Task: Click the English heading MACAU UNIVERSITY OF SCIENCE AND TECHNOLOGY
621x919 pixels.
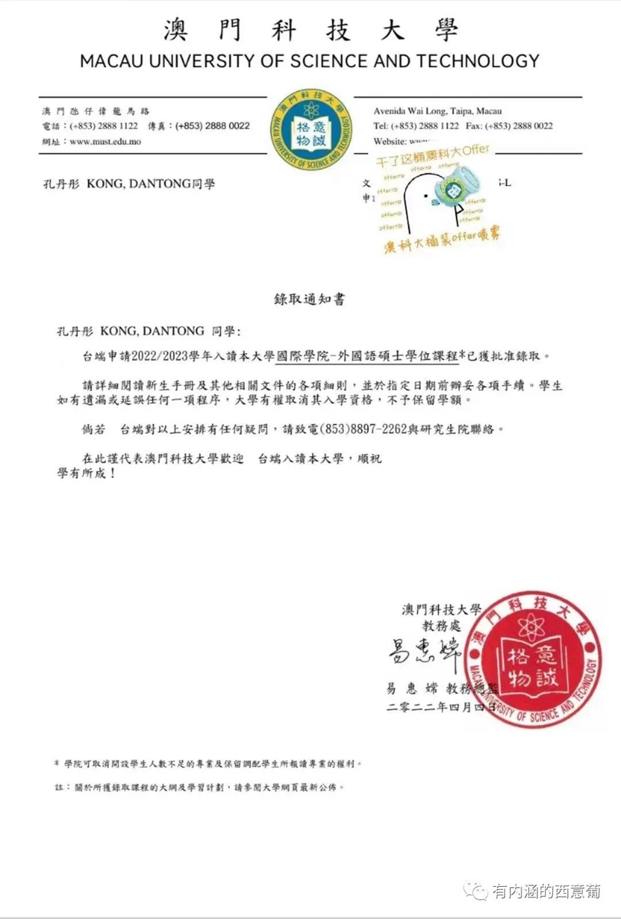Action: pos(310,61)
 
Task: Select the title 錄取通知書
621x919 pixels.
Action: pos(309,300)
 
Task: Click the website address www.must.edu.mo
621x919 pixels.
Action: pos(105,140)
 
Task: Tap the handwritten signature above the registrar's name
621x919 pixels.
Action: pos(416,651)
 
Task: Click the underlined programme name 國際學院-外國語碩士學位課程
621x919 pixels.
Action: pos(367,355)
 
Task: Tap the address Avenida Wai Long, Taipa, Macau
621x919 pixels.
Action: pos(437,111)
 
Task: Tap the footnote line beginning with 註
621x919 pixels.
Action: pos(200,786)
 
